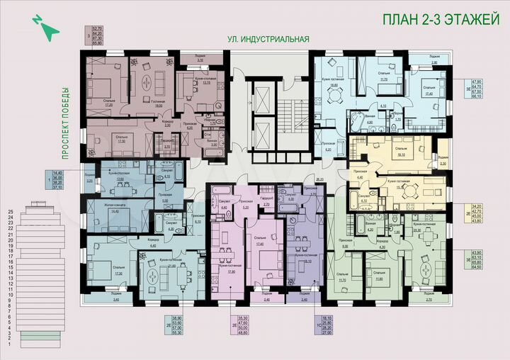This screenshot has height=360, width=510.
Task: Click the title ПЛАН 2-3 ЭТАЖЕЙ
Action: click(x=441, y=20)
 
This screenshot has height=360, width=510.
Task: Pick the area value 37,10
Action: click(x=58, y=189)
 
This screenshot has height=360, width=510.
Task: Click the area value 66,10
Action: click(x=467, y=97)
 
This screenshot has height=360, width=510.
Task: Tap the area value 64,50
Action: click(x=467, y=268)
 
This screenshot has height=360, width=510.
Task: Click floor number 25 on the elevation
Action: click(x=11, y=211)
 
